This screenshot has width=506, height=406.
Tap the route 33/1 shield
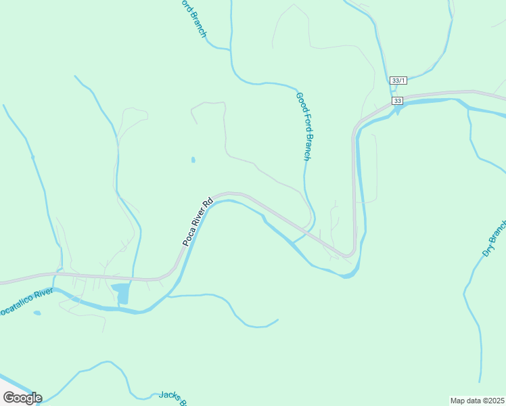398,81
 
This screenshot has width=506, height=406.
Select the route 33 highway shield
397,101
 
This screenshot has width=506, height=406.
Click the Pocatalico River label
26,302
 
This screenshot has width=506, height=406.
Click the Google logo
22,398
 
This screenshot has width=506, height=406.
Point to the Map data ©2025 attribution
478,401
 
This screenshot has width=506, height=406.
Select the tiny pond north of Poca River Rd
193,160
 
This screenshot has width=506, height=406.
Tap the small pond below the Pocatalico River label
37,313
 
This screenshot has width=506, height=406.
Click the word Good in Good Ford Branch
300,102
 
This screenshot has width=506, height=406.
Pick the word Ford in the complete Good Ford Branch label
303,122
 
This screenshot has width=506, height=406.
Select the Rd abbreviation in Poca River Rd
208,202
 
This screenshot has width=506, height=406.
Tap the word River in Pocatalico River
43,295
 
